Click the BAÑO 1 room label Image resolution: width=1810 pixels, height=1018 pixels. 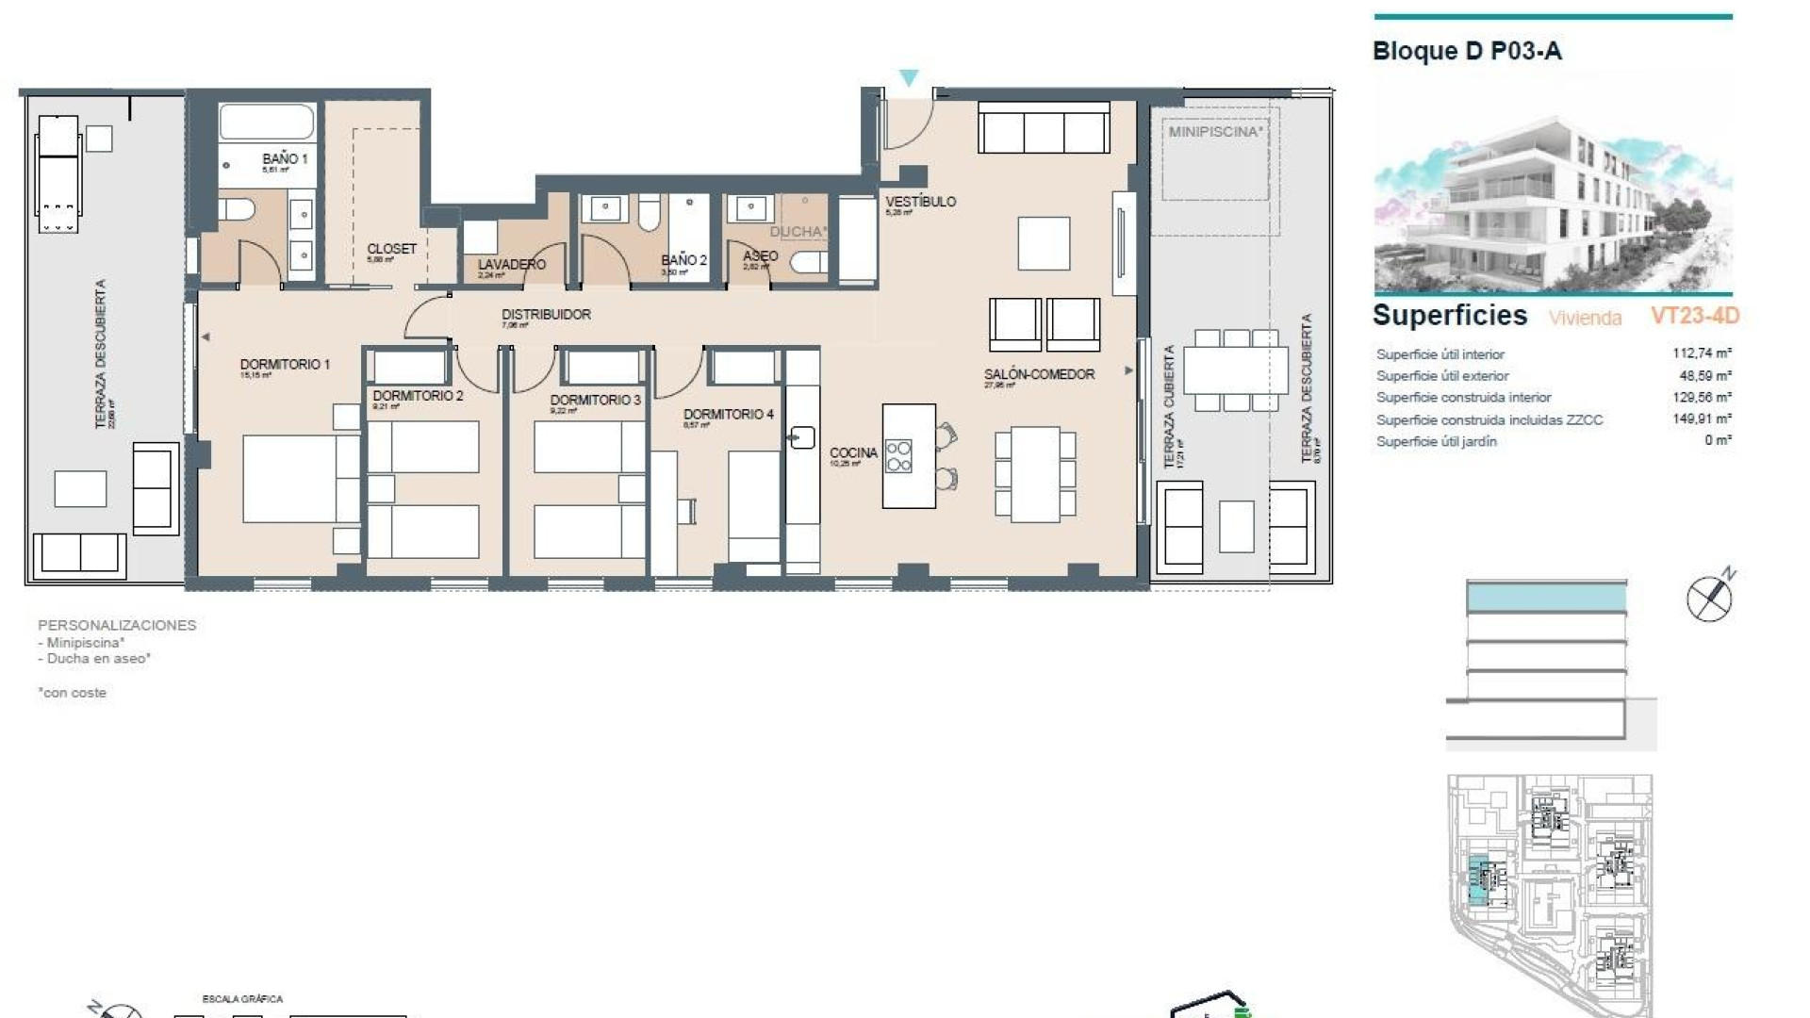click(x=285, y=159)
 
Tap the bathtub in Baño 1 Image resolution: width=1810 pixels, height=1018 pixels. click(x=266, y=123)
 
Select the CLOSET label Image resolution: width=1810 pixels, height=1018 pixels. click(x=391, y=249)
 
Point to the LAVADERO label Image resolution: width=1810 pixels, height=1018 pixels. click(x=511, y=265)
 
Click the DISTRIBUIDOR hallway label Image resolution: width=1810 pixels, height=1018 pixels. click(x=546, y=315)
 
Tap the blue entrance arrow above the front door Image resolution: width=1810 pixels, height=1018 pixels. click(x=908, y=78)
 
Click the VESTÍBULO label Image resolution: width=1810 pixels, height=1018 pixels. click(x=920, y=202)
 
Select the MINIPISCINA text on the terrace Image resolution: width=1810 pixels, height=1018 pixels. click(x=1214, y=132)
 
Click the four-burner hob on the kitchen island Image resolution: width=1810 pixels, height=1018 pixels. click(x=898, y=456)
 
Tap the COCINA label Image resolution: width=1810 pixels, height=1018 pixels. click(x=853, y=453)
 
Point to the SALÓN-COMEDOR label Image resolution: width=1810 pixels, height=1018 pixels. click(x=1039, y=374)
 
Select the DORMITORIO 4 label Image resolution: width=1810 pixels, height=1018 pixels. click(x=728, y=415)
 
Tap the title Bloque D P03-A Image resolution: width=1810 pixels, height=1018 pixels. click(x=1466, y=51)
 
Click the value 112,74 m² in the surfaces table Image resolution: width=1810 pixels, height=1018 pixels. click(x=1701, y=353)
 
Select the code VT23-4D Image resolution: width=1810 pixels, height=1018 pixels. click(x=1694, y=316)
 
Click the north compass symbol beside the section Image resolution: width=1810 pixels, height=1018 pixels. click(x=1709, y=597)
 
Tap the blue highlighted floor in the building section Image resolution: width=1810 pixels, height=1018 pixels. click(x=1546, y=597)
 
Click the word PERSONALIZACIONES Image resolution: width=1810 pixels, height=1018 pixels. click(x=117, y=625)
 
